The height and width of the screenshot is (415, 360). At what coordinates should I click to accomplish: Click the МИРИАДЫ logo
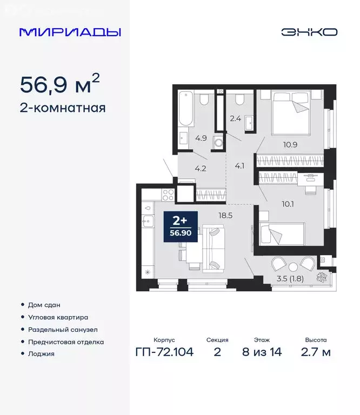[x=70, y=32]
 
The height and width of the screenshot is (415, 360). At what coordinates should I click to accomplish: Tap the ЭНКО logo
[x=309, y=32]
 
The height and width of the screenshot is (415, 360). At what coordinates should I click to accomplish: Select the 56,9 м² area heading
[x=59, y=84]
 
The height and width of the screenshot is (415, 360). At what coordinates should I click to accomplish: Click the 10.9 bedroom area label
[x=291, y=145]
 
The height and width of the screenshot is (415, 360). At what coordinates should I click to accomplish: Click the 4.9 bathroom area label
[x=201, y=138]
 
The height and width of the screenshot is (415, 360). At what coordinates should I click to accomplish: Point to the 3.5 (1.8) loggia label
[x=289, y=279]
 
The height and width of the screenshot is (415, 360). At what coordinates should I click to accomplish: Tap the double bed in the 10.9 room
[x=290, y=114]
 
